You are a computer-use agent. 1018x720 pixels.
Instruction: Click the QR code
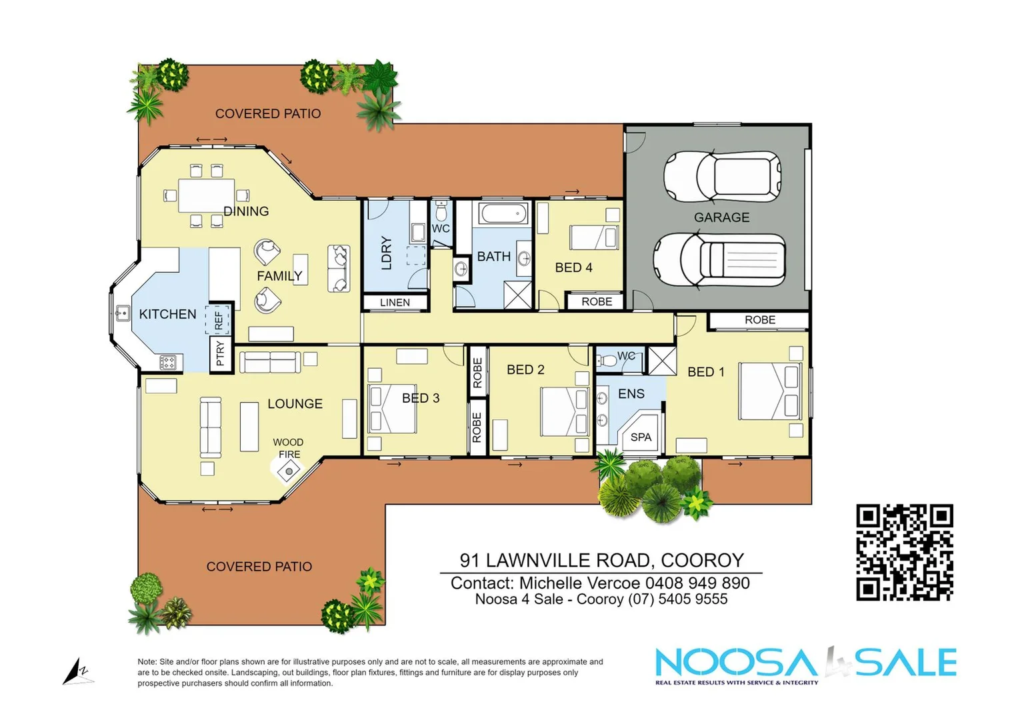pos(904,553)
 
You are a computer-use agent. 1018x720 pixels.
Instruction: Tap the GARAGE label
pos(721,217)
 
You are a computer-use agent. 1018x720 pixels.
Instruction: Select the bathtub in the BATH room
pos(503,214)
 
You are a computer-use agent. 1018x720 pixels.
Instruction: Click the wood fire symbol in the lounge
pos(289,471)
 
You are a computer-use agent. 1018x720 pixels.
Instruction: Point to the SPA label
pos(641,437)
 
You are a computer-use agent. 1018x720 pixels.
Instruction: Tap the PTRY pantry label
pos(221,354)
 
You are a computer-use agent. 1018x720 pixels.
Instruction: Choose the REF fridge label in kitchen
pos(219,320)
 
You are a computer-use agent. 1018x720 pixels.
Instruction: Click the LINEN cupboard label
pos(395,303)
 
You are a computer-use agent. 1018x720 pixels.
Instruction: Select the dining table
pos(207,195)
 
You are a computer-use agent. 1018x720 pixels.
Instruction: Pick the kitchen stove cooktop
pos(168,363)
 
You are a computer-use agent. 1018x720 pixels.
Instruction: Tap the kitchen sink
pos(122,313)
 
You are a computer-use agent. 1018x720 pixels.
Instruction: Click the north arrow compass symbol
pos(77,671)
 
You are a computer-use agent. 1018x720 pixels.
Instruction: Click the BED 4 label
pos(573,267)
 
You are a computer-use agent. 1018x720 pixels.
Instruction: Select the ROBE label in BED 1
pos(759,320)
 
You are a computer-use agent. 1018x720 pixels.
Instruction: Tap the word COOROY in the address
pos(702,560)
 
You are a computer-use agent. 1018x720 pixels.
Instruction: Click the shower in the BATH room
pos(517,295)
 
